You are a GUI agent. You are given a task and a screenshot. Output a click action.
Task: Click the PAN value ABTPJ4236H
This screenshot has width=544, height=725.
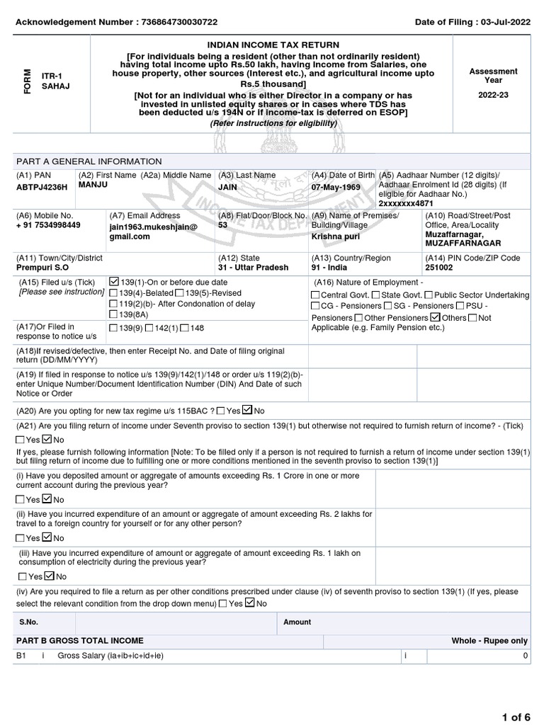(x=42, y=187)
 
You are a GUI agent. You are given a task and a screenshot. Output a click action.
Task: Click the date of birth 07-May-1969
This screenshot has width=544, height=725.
(x=336, y=187)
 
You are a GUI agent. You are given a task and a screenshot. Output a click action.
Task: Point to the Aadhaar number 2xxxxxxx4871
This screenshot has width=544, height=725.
(x=407, y=203)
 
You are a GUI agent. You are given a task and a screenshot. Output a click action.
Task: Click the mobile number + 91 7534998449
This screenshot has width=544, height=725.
(x=48, y=225)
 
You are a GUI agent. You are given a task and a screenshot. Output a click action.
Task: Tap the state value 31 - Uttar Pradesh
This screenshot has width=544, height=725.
(x=254, y=268)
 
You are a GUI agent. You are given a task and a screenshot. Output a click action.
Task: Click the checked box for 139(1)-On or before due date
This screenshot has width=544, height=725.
(x=114, y=282)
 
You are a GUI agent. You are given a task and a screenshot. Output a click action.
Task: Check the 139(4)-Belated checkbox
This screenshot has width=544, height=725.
(x=114, y=293)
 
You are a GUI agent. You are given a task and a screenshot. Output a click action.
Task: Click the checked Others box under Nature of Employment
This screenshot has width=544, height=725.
(x=436, y=316)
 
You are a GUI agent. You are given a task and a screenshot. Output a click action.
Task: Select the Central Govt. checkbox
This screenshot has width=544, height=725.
(x=315, y=295)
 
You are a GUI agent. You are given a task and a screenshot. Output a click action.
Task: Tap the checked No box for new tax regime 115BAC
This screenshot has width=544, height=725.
(x=247, y=410)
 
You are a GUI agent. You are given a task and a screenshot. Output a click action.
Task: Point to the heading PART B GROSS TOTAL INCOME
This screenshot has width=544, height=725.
(x=79, y=640)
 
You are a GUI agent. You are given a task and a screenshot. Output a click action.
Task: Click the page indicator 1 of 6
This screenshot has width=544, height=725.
(x=516, y=717)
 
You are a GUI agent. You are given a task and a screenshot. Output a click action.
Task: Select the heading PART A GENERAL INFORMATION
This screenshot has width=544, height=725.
(x=89, y=161)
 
